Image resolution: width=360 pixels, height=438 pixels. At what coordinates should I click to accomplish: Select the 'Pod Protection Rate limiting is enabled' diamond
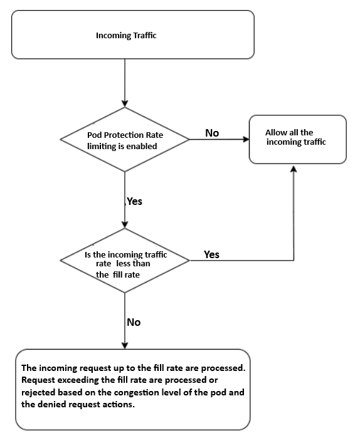126,139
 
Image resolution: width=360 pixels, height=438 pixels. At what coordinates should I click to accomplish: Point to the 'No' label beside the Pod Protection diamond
212,133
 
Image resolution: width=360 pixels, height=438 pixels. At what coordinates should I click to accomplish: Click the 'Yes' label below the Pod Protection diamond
135,201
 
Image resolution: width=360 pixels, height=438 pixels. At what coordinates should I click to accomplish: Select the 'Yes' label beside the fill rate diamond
212,254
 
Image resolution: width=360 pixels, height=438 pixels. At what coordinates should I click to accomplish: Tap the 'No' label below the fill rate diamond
134,322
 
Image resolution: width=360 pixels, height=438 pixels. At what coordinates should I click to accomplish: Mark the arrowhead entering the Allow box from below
294,167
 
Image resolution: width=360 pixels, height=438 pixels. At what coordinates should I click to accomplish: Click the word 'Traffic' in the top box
144,36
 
